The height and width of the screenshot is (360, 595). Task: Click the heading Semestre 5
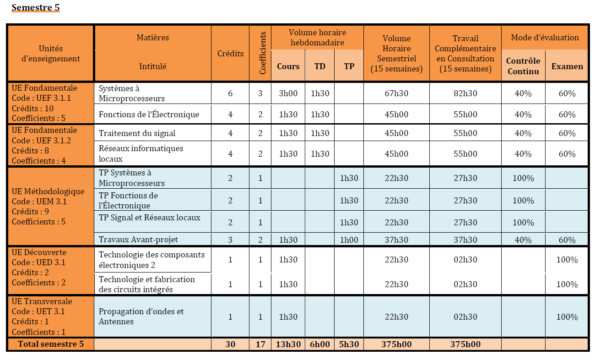pos(36,8)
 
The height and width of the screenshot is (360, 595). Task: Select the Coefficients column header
pos(261,53)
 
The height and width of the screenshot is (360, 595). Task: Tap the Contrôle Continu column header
pos(523,66)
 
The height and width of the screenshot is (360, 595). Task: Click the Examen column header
pos(567,66)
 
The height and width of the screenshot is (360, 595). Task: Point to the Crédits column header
pos(230,54)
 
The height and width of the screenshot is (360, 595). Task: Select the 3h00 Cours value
pos(288,93)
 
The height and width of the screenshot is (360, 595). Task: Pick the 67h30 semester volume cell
pos(396,93)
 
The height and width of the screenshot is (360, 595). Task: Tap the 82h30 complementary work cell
pos(465,93)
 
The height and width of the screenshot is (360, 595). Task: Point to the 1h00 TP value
pos(349,240)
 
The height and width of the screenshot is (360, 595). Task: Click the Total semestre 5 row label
pos(50,344)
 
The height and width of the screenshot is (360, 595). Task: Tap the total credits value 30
pos(230,344)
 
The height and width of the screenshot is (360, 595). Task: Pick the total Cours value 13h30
pos(288,344)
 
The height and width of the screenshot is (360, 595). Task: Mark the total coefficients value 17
pos(260,344)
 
